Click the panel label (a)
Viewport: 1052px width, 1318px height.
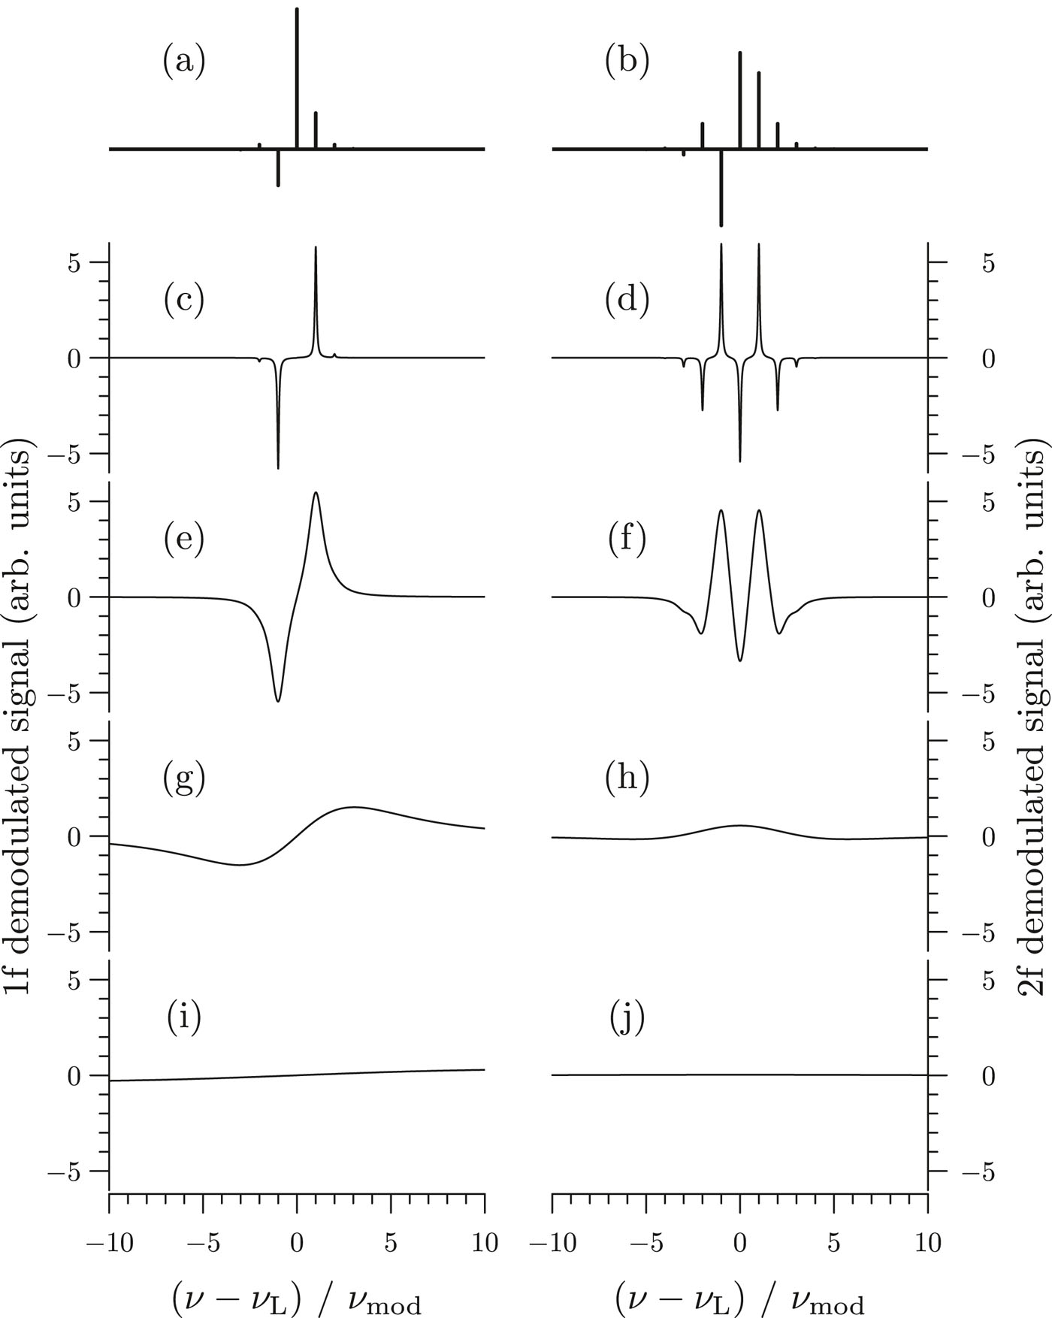tap(184, 62)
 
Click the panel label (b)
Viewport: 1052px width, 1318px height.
tap(627, 62)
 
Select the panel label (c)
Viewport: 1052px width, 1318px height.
tap(184, 300)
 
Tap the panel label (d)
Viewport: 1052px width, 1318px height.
tap(627, 300)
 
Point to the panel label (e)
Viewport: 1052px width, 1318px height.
tap(184, 540)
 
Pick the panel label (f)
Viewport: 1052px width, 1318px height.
tap(627, 540)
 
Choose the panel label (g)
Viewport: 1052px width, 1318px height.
tap(184, 779)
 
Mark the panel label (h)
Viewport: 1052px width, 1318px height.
tap(627, 779)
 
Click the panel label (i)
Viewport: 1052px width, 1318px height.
tap(184, 1018)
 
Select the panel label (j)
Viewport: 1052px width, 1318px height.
tap(627, 1018)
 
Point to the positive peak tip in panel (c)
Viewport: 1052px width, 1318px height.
tap(316, 248)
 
